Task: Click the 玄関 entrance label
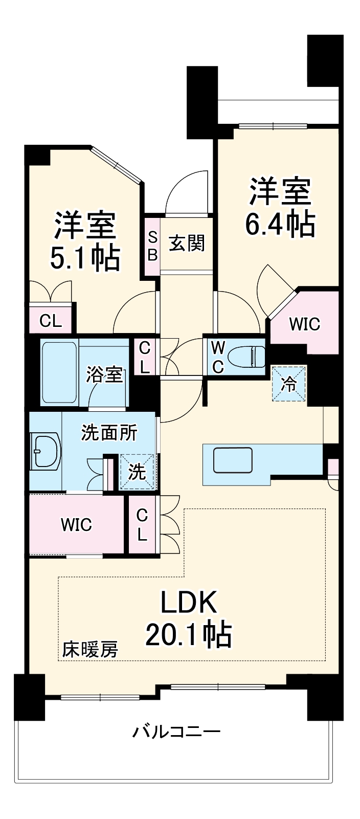(187, 243)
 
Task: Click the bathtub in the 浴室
(59, 371)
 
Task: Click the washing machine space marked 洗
(137, 472)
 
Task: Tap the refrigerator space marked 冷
(288, 384)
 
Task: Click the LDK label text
(189, 602)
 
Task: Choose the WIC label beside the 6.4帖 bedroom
(304, 324)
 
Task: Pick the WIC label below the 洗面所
(76, 525)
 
